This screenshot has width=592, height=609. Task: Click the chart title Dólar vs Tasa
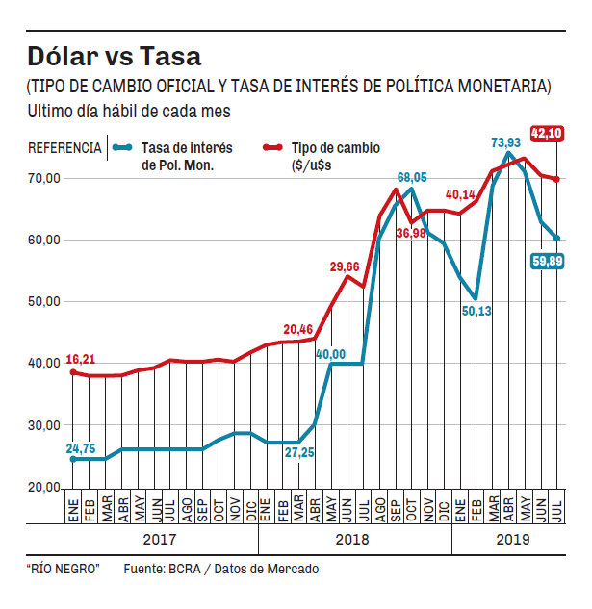[114, 55]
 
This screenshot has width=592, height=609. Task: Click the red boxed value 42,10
[546, 134]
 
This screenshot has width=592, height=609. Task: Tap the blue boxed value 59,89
[546, 262]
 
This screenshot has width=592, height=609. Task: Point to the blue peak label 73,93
[507, 143]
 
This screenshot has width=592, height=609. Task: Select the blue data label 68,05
[412, 178]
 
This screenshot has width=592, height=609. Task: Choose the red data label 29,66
[347, 266]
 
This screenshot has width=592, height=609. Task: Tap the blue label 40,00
[331, 354]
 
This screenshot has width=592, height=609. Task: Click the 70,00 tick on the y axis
[44, 178]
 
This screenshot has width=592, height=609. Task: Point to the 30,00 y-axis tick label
[44, 425]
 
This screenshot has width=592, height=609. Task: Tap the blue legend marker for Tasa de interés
[121, 148]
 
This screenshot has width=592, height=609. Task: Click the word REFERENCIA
[64, 148]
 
